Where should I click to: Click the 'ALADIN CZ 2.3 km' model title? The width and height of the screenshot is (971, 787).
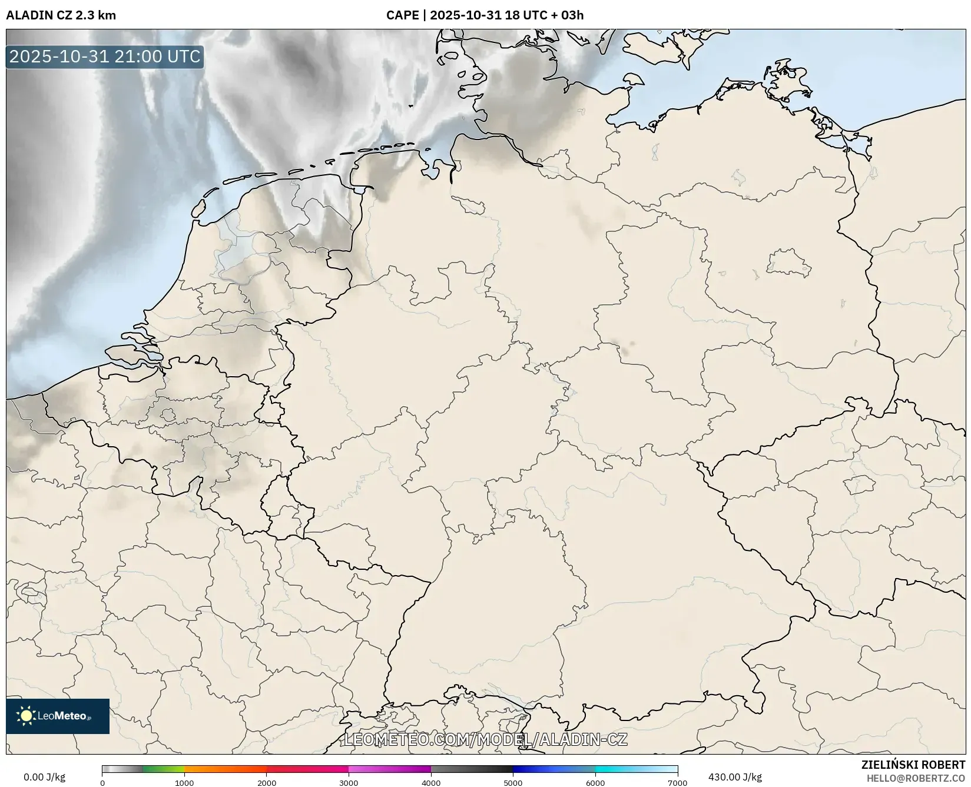coord(61,15)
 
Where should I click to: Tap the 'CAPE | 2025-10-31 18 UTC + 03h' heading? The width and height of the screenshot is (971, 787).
coord(485,15)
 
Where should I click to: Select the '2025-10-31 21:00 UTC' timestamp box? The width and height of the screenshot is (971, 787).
coord(105,57)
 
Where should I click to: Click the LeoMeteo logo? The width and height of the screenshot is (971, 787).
coord(58,716)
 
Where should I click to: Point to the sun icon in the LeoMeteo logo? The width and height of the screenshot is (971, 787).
coord(26,716)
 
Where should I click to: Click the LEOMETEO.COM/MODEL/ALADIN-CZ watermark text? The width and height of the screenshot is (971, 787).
coord(485,739)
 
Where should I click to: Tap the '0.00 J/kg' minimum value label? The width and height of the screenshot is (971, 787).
coord(44,777)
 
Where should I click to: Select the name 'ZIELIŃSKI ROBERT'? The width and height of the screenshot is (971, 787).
coord(913,765)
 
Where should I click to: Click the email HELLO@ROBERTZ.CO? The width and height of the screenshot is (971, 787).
coord(916,778)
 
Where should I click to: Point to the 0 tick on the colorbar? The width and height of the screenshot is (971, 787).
coord(102,783)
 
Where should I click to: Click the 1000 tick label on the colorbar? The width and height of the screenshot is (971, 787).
coord(184,783)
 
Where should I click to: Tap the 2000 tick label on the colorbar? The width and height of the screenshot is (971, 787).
coord(267,783)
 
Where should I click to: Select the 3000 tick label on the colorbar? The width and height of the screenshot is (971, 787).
coord(349,783)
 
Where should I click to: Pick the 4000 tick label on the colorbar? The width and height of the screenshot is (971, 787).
coord(431,783)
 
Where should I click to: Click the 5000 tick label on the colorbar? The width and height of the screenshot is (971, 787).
coord(513,783)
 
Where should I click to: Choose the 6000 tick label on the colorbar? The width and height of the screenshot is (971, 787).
coord(595,783)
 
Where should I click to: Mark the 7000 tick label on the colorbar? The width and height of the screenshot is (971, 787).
coord(677,783)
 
